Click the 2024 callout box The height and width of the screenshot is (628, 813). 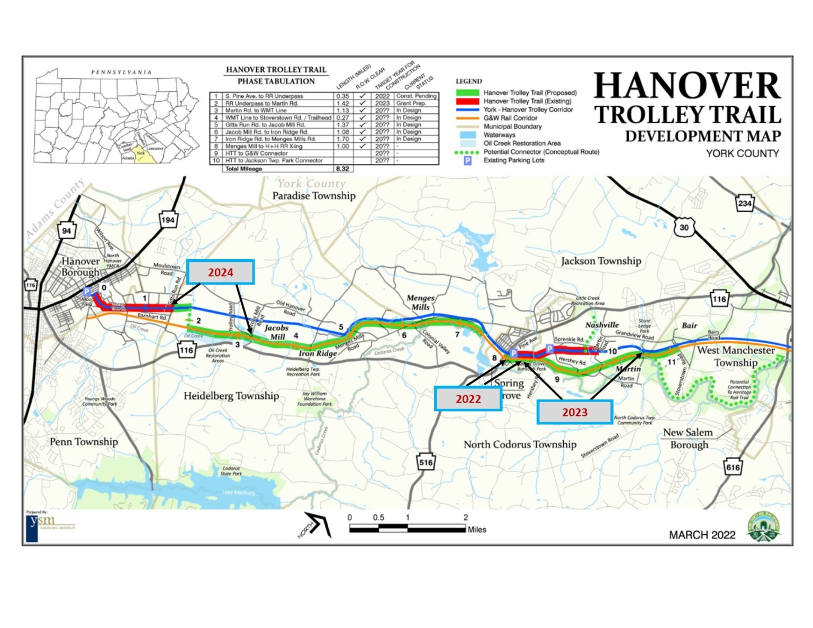[220, 272]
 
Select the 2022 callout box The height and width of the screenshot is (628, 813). [468, 399]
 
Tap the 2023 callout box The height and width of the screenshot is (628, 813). [575, 412]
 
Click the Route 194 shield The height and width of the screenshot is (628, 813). [168, 220]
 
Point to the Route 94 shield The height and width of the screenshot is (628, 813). [67, 231]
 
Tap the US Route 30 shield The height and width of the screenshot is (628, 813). [684, 227]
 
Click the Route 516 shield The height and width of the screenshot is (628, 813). [426, 462]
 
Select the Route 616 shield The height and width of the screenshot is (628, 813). [733, 467]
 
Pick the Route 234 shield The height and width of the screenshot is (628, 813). [745, 203]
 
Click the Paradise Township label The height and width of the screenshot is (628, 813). [314, 196]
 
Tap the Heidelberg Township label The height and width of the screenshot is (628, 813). [231, 396]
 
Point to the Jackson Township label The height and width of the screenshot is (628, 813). [601, 261]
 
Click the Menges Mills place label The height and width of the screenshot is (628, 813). [421, 302]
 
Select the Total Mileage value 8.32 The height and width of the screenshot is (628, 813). [342, 169]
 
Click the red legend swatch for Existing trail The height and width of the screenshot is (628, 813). [467, 101]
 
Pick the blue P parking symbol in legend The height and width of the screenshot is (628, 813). [468, 160]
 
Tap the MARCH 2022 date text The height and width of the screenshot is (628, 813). [702, 535]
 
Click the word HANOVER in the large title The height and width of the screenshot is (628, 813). [687, 86]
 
